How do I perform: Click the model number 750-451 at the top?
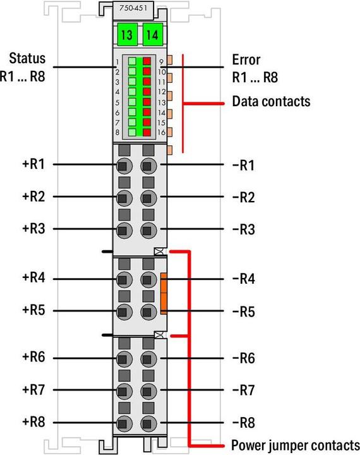tap(133, 8)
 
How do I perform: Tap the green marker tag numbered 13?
tap(127, 35)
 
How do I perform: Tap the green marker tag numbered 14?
tap(153, 35)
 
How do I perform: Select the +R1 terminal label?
tap(33, 164)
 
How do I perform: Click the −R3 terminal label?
tap(244, 229)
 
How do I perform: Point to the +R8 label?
tap(33, 422)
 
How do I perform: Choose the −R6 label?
tap(244, 358)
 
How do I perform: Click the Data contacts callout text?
tap(271, 102)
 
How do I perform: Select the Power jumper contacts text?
tap(296, 445)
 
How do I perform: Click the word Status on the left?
tap(27, 58)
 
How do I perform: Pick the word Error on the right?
tap(246, 60)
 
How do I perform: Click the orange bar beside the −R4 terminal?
tap(164, 293)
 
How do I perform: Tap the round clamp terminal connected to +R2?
tap(124, 198)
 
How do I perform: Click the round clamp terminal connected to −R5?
tap(148, 312)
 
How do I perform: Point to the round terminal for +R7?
tap(124, 391)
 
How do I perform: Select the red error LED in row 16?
tap(147, 132)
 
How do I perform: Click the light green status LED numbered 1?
tap(132, 61)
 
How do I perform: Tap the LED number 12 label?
tap(162, 92)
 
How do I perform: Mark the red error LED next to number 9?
tap(147, 61)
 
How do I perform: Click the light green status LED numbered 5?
tap(132, 102)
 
